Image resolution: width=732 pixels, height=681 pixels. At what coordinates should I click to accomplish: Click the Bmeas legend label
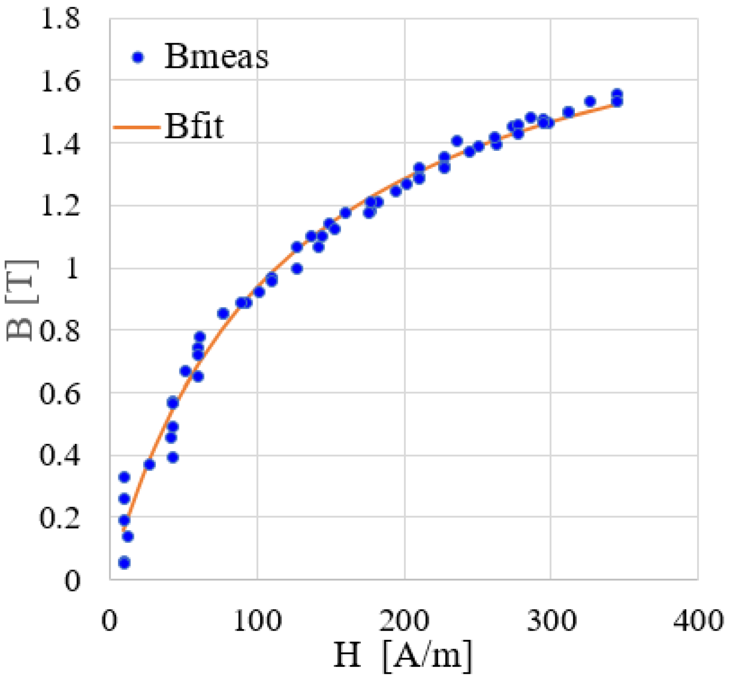tap(216, 56)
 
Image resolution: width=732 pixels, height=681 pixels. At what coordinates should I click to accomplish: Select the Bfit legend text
tap(194, 126)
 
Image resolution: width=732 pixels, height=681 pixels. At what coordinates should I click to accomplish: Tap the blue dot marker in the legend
tap(138, 58)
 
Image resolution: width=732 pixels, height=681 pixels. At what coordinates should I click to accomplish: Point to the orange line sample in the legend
tap(136, 128)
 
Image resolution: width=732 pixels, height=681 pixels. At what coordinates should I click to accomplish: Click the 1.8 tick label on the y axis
tap(60, 20)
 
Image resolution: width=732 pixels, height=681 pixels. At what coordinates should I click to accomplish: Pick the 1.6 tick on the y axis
tap(60, 81)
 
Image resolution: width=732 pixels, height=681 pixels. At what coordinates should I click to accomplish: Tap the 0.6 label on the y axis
tap(60, 394)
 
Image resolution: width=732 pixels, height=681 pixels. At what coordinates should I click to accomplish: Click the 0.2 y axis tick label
tap(60, 518)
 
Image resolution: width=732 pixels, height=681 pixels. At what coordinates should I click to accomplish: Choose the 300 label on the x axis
tap(552, 620)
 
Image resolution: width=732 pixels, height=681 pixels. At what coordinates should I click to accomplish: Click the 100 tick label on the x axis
tap(258, 620)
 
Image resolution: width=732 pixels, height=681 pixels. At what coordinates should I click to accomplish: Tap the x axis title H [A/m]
tap(403, 655)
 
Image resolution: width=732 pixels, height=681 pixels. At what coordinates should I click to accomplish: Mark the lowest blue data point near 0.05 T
tap(124, 563)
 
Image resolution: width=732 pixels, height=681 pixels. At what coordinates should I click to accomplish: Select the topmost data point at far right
tap(617, 94)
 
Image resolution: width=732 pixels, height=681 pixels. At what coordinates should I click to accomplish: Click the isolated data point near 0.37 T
tap(149, 464)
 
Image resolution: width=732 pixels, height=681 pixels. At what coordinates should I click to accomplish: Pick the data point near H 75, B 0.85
tap(223, 313)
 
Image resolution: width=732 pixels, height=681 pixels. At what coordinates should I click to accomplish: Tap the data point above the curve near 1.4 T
tap(457, 141)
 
